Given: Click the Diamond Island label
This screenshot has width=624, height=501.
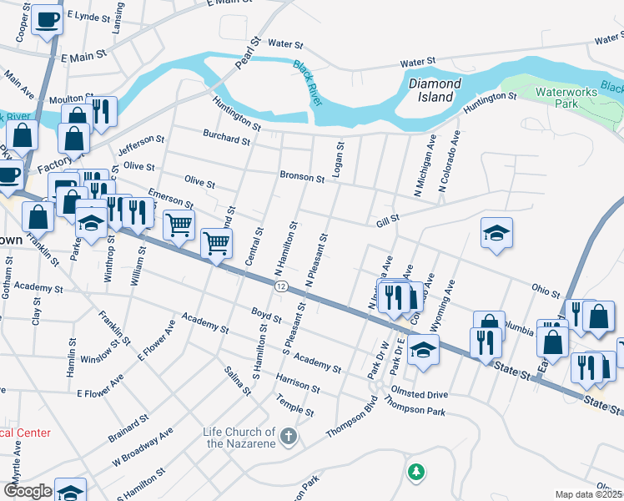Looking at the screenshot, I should [x=434, y=90].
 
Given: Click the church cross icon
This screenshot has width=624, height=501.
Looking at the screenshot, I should [x=288, y=436].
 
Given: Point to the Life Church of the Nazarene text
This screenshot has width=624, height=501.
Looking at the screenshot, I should [x=239, y=437].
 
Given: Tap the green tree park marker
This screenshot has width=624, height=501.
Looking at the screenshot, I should [x=415, y=473].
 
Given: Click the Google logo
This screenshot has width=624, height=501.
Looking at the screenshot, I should [x=28, y=491].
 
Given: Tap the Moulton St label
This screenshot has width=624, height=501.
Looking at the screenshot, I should [x=70, y=99].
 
